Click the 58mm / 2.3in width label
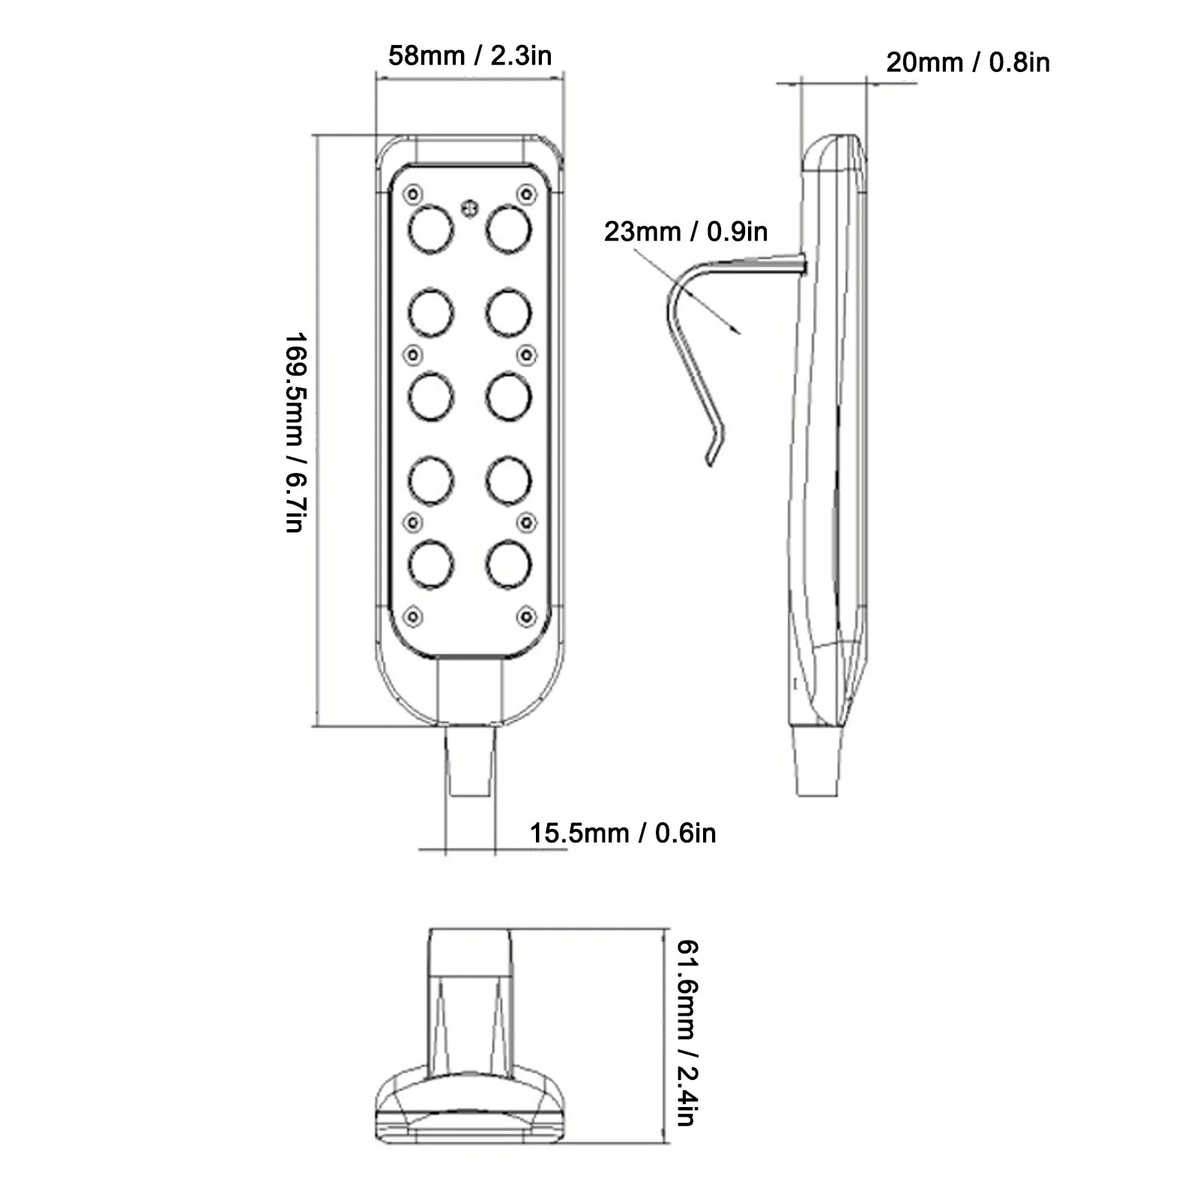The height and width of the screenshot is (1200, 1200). click(470, 55)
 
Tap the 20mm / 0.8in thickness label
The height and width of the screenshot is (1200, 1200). click(968, 62)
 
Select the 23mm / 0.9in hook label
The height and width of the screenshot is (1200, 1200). click(686, 232)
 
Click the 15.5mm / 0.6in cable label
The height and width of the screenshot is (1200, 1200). click(623, 833)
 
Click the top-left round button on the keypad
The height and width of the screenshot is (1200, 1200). click(431, 229)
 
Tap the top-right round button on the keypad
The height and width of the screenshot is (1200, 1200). click(509, 229)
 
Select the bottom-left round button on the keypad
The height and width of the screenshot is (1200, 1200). click(431, 564)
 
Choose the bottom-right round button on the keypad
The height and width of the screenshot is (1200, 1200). click(509, 564)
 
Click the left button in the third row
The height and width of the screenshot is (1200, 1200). click(431, 396)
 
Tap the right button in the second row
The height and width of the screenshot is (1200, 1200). click(509, 313)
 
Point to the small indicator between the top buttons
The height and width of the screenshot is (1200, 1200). click(470, 208)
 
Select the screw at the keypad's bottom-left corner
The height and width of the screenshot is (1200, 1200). click(412, 616)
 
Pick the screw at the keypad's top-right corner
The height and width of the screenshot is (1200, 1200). click(528, 195)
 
